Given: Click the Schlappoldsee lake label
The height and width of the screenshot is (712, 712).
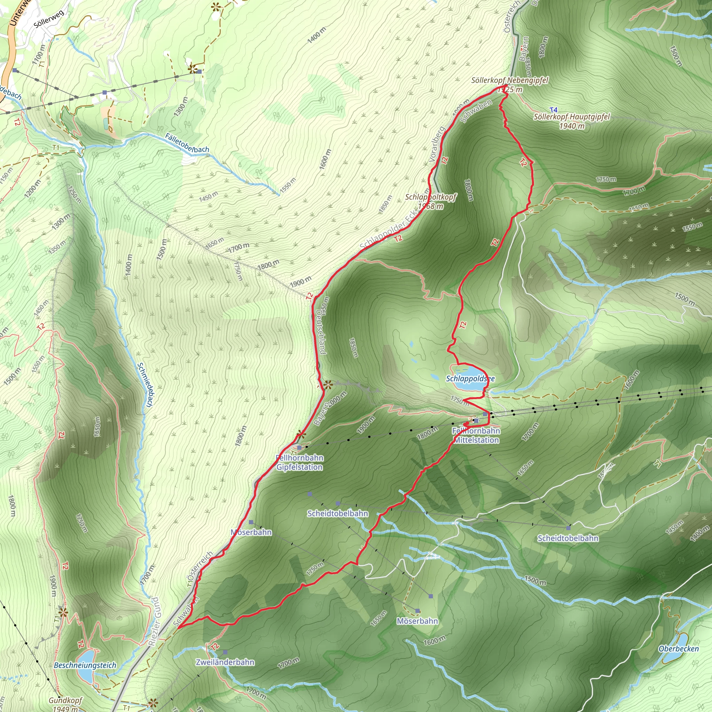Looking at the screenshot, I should pos(470,379).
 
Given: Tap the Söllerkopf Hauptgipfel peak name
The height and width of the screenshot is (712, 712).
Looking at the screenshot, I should pos(572,117).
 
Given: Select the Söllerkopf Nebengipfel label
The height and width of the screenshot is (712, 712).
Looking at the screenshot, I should pos(510,80).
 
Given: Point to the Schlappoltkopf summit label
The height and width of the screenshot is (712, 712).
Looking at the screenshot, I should pos(430,197).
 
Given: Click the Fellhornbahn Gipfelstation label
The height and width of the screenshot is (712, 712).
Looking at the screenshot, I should pos(300,462).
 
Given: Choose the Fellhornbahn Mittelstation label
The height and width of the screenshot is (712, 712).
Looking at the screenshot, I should pos(476,435).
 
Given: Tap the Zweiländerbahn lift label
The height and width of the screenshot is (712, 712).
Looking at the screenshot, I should pos(225,662).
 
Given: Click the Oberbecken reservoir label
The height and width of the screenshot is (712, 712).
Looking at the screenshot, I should pos(679,649).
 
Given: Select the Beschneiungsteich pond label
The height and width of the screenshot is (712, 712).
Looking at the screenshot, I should pos(85,665).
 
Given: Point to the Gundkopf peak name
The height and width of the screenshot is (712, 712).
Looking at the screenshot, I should pos(65,700).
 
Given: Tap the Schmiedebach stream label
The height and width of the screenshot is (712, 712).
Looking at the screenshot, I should pos(145,385).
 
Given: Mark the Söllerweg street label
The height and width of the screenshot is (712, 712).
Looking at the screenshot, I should pos(49,19).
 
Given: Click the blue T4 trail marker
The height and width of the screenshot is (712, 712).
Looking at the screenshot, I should pos(553,110).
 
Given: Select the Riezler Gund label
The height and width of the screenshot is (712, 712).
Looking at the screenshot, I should pos(154,622).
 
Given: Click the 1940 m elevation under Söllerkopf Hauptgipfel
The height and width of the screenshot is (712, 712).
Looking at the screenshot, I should pos(572,126).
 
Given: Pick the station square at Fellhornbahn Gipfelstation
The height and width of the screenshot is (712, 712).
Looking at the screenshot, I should pos(299,447).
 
